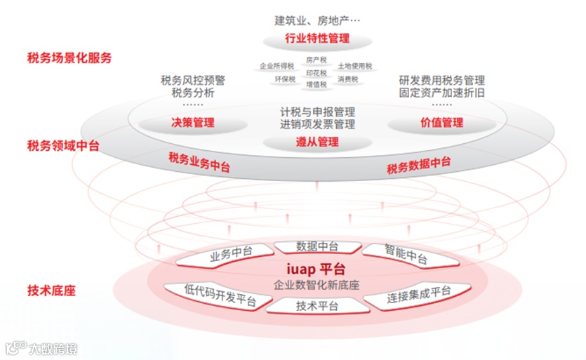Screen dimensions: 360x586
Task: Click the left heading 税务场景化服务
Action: tap(69, 58)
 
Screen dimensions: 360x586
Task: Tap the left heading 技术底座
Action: tap(51, 290)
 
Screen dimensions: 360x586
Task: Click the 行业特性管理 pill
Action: tap(317, 38)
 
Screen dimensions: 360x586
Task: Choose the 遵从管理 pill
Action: tap(317, 142)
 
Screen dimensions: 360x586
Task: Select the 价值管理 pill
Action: tap(441, 123)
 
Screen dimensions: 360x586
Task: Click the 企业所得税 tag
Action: tap(277, 66)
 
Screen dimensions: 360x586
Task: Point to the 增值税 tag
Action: tap(317, 84)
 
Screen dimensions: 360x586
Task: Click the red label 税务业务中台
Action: tap(199, 162)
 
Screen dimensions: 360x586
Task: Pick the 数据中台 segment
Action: tap(317, 246)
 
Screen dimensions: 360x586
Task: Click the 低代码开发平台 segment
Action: tap(219, 295)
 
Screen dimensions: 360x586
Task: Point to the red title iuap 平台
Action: tap(317, 269)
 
